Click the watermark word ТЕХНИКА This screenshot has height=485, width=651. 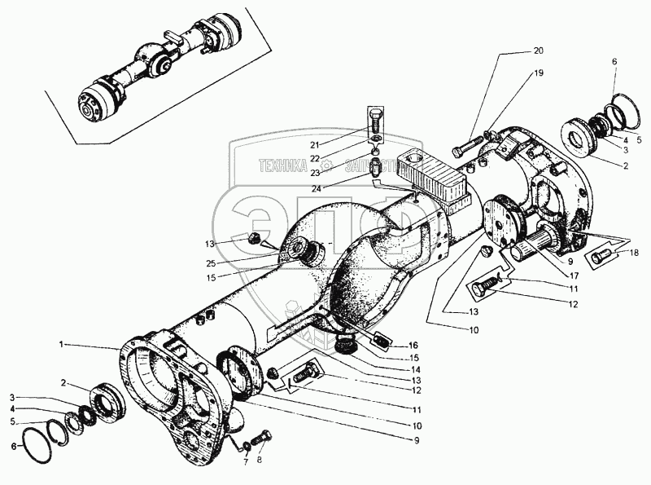tap(283, 167)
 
